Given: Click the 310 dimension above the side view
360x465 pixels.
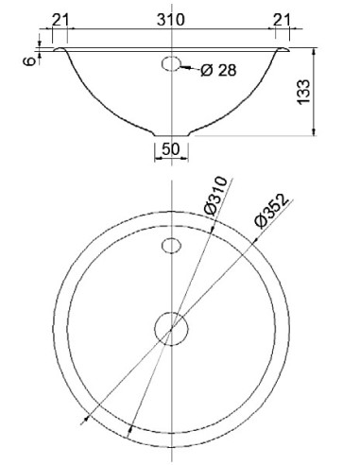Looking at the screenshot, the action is [171, 20].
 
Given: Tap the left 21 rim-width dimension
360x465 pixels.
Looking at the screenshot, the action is [60, 20].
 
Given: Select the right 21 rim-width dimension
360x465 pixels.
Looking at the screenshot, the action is [282, 20].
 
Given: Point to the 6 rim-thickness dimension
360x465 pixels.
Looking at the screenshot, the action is [29, 60].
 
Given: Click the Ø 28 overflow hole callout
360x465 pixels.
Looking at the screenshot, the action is [218, 70].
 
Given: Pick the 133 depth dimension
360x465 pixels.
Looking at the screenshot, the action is [303, 92].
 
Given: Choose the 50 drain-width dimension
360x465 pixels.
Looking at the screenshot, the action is [171, 148].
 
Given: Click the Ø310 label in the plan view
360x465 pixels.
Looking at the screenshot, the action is [215, 196].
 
